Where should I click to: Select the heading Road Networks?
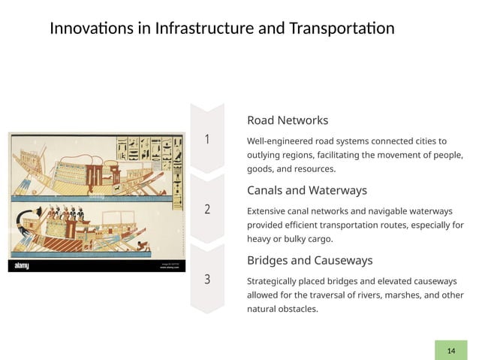[x=288, y=120]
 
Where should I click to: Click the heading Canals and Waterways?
[x=306, y=190]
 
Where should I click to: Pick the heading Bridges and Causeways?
[x=309, y=260]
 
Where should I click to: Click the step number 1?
[x=207, y=140]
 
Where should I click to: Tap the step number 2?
[x=207, y=210]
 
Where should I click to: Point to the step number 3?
[x=207, y=280]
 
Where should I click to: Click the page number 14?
[x=451, y=351]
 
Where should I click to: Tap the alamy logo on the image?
[x=21, y=266]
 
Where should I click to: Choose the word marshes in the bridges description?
[x=402, y=295]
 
